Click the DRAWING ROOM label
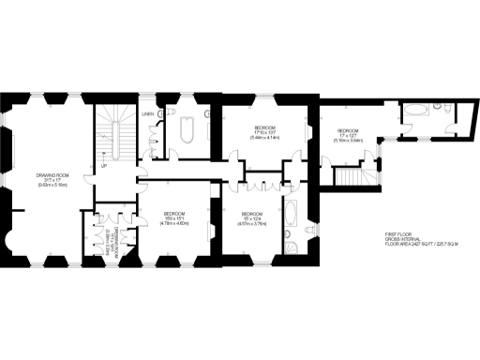click(50, 174)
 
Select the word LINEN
click(147, 115)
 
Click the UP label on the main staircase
click(103, 167)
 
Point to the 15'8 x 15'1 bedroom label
click(175, 215)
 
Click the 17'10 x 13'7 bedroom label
click(267, 127)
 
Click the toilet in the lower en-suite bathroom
click(292, 247)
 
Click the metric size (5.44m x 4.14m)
click(267, 138)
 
